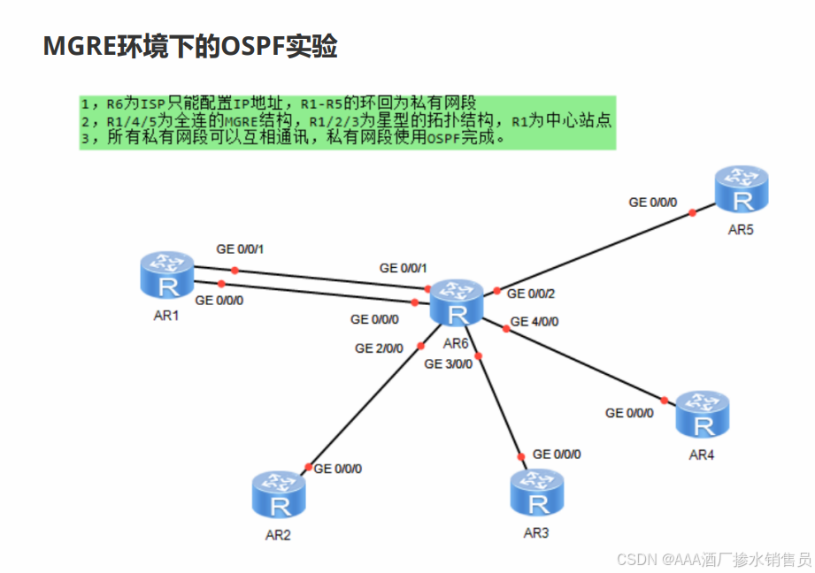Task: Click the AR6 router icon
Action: (457, 303)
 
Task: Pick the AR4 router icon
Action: (703, 416)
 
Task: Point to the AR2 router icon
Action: (279, 494)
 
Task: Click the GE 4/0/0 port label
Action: (535, 321)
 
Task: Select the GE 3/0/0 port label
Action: (448, 363)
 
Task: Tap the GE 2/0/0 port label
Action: (379, 348)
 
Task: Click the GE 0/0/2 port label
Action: (531, 294)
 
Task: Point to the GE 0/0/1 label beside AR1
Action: (240, 249)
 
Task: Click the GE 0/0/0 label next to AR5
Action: (652, 202)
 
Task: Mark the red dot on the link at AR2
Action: (308, 467)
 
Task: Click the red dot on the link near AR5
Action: (692, 212)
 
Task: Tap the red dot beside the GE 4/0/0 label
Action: (506, 329)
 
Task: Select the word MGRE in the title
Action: (75, 47)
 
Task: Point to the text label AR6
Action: (455, 343)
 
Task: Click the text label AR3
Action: (535, 533)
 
